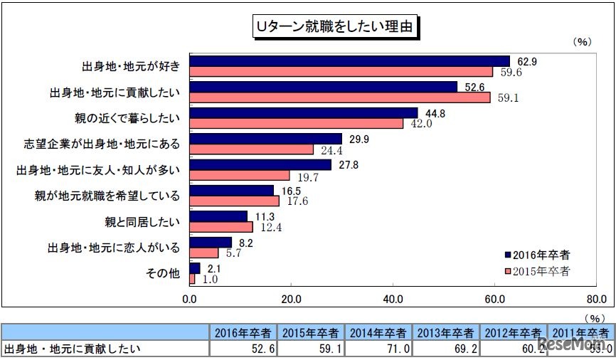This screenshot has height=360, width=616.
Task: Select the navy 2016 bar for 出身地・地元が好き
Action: pyautogui.click(x=350, y=61)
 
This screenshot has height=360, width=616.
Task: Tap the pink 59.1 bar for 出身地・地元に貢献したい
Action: pyautogui.click(x=340, y=97)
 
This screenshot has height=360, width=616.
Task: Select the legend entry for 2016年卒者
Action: pyautogui.click(x=536, y=254)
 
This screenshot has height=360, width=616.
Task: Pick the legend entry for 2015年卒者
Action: pyautogui.click(x=536, y=270)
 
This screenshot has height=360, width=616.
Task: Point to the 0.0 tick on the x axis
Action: pyautogui.click(x=190, y=299)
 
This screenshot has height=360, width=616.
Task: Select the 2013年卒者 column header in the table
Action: pyautogui.click(x=446, y=332)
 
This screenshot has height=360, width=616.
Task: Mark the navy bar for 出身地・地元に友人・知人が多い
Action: pyautogui.click(x=261, y=165)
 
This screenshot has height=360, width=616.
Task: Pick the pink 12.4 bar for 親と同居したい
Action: pyautogui.click(x=221, y=227)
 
